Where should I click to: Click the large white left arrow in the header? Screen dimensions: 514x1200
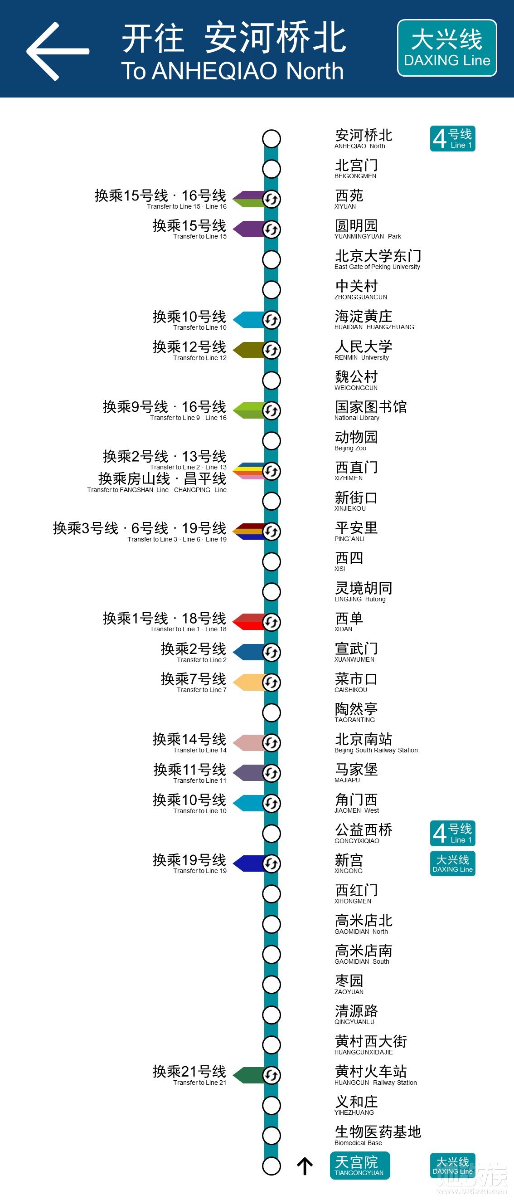point(57,51)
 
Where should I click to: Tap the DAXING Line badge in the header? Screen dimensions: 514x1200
point(446,48)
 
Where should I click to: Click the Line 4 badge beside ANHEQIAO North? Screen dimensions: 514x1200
point(452,138)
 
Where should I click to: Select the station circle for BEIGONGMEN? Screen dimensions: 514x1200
point(272,169)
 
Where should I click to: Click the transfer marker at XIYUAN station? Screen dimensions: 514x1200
point(272,199)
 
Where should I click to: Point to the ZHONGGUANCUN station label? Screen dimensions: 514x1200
point(360,289)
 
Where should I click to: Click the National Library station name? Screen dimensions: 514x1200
point(370,410)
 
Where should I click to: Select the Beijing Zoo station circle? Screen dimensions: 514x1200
point(272,440)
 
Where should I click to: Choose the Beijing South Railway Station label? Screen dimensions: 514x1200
point(375,742)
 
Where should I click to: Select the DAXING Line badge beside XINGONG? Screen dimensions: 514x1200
point(452,863)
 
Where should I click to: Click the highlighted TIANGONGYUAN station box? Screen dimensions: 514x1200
point(359,1166)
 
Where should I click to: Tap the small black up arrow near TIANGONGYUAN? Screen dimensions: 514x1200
point(305,1166)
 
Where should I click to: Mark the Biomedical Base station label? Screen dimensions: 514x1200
point(377,1135)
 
